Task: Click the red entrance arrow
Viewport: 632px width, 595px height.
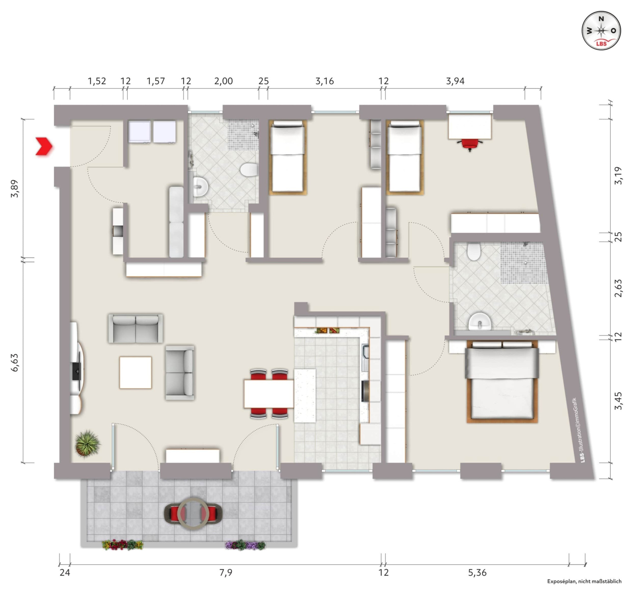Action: point(44,147)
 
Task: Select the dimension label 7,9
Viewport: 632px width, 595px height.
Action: point(226,573)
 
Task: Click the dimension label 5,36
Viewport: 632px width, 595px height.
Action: point(477,573)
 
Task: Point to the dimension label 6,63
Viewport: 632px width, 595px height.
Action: point(15,362)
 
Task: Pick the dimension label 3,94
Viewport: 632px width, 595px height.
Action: point(455,81)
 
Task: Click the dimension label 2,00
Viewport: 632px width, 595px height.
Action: point(223,81)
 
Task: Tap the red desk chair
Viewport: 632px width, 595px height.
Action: point(470,145)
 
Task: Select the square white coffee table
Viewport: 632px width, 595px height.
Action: point(136,372)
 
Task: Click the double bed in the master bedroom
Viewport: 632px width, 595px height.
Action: point(502,382)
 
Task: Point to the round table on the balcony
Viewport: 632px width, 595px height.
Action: point(193,513)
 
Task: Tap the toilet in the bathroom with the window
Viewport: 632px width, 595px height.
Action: point(249,169)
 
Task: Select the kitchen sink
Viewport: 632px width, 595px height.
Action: point(365,358)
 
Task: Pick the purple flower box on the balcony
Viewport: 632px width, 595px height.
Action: point(245,545)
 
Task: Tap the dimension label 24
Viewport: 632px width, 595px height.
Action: point(65,573)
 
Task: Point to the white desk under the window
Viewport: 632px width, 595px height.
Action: point(470,126)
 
